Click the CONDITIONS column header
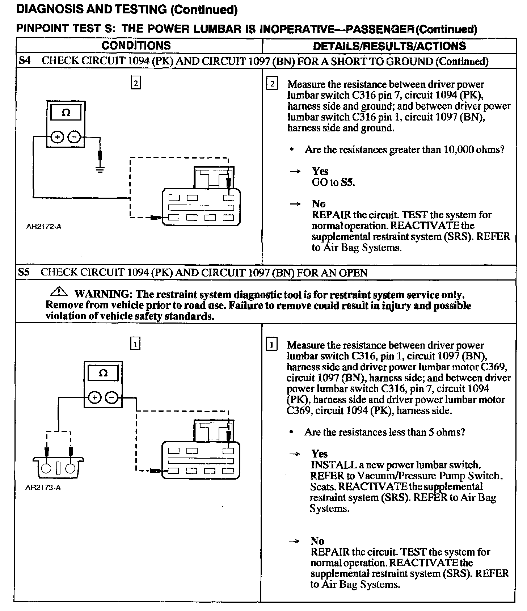(x=136, y=46)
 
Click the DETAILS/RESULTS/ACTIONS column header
(x=389, y=46)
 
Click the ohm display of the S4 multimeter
(x=66, y=113)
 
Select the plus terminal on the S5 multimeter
(x=95, y=398)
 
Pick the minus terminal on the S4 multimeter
(x=74, y=137)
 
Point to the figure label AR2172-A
(x=44, y=227)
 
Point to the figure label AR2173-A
(x=43, y=488)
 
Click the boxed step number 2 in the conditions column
(x=135, y=83)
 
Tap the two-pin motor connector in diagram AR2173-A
(x=58, y=467)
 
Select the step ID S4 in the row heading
(x=24, y=60)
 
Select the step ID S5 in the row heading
(x=24, y=272)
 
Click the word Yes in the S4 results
(x=320, y=171)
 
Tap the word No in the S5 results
(x=317, y=541)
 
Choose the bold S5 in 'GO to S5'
(x=347, y=182)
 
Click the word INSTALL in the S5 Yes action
(x=329, y=465)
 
